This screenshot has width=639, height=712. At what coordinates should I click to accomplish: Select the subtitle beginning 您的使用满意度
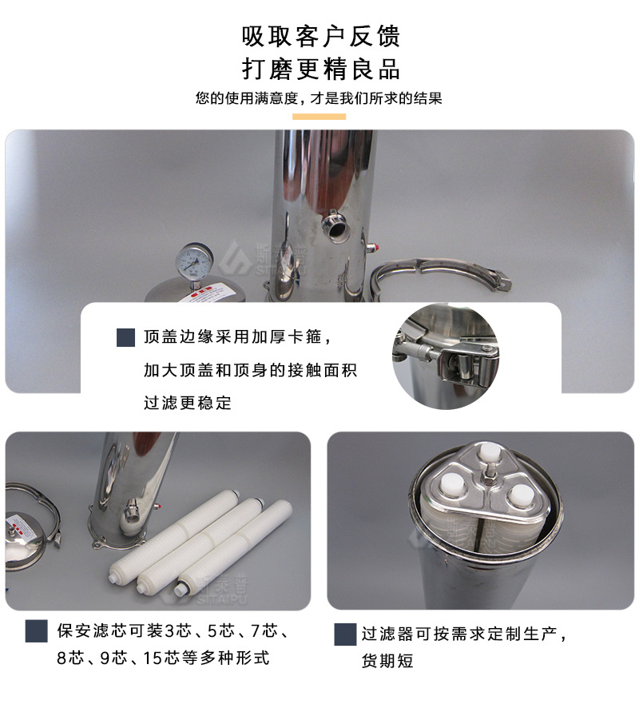(x=319, y=99)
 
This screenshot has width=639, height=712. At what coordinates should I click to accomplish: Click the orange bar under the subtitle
(x=319, y=117)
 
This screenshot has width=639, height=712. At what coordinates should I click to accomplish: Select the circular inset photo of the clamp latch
(x=446, y=356)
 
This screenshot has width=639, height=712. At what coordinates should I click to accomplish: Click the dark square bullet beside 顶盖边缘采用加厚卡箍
(x=125, y=337)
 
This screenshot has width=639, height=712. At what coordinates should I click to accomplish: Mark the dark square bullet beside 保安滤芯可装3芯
(x=36, y=631)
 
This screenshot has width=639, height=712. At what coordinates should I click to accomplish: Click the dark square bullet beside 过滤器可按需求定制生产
(x=344, y=634)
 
